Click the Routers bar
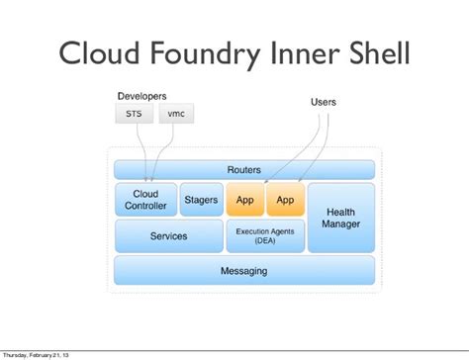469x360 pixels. [244, 170]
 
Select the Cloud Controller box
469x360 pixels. [145, 200]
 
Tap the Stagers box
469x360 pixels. [201, 200]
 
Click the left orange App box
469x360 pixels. [244, 200]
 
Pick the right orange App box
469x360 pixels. [285, 200]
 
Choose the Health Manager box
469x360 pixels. [341, 218]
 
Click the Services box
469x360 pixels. [169, 236]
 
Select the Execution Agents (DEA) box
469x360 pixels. [265, 236]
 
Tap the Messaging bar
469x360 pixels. [244, 270]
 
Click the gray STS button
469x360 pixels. [134, 114]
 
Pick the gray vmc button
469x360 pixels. [176, 114]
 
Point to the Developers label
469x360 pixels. [141, 96]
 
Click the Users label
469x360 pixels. [324, 102]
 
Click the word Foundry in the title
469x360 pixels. [205, 53]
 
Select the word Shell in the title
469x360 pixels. [379, 52]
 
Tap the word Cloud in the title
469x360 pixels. [99, 52]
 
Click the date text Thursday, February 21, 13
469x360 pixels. [36, 355]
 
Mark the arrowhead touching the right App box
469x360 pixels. [300, 180]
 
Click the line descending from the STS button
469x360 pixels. [142, 152]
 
